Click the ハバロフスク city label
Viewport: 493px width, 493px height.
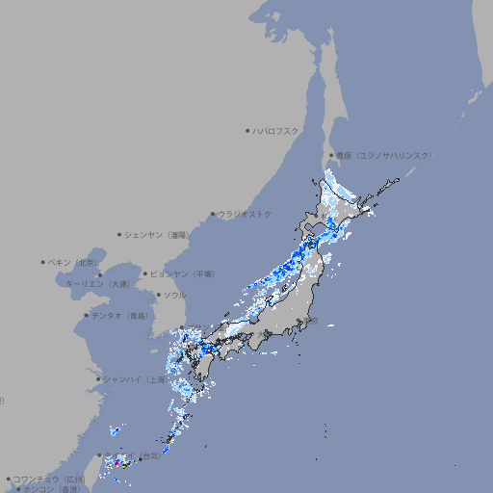pos(276,130)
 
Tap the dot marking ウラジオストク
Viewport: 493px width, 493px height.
pos(213,214)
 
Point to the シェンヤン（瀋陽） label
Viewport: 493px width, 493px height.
pos(158,234)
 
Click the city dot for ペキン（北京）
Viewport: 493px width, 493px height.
pos(43,262)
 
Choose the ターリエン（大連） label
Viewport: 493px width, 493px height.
pos(96,284)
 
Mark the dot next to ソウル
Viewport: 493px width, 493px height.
pos(157,295)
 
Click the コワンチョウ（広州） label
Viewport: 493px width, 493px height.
pos(48,479)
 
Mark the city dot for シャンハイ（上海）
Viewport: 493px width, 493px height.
pos(98,379)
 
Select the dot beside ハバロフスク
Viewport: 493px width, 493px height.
pos(247,130)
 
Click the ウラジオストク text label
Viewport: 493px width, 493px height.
pos(245,214)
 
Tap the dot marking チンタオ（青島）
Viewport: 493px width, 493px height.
pos(86,315)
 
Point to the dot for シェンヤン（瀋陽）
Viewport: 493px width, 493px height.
pos(119,234)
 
